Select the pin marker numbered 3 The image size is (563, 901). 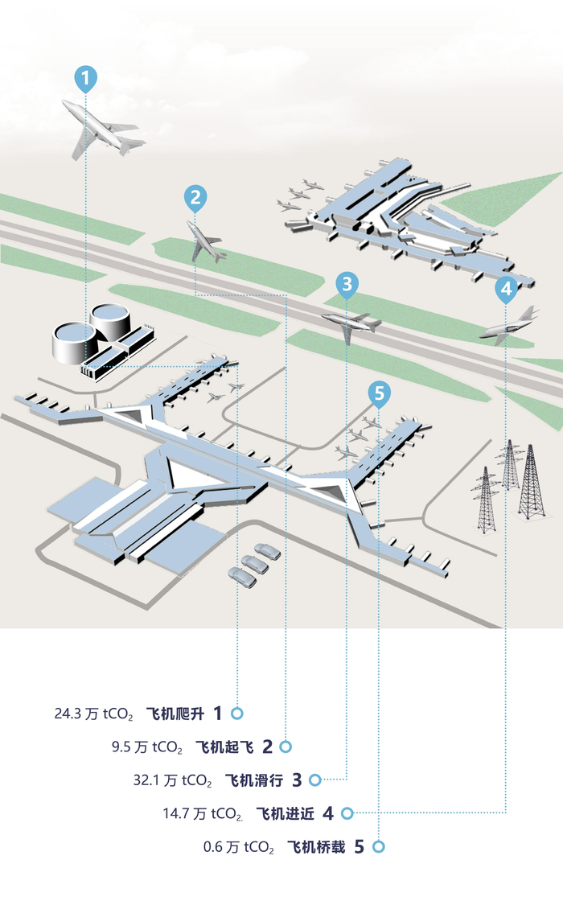[347, 283]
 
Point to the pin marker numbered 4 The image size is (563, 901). [505, 288]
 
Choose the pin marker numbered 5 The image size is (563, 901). [380, 393]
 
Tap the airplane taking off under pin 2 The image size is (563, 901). [206, 241]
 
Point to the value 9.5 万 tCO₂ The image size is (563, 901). [147, 747]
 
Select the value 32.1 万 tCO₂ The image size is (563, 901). [172, 780]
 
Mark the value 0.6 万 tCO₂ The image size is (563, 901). [239, 847]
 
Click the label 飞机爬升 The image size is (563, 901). [175, 714]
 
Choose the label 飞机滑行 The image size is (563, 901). [254, 780]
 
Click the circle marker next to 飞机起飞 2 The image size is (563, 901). [286, 747]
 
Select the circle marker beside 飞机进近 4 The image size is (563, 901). [347, 813]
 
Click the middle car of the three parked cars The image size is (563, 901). [254, 564]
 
